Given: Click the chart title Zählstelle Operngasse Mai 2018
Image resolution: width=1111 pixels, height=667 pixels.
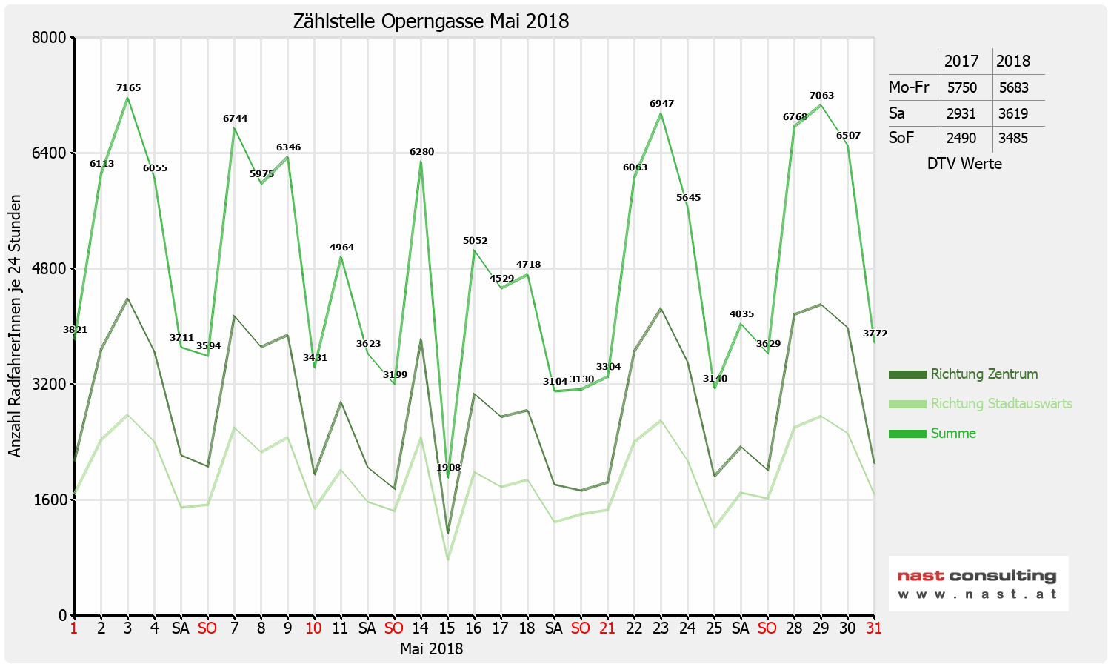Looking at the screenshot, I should click(x=431, y=21).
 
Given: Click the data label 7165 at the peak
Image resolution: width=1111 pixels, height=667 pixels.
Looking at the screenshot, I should click(x=128, y=88).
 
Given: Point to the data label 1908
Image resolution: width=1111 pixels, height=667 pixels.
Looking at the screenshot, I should click(x=448, y=468).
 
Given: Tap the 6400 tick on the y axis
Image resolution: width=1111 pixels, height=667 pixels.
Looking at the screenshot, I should click(x=51, y=153).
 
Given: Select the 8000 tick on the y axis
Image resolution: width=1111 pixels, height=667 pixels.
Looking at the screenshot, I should click(x=51, y=37).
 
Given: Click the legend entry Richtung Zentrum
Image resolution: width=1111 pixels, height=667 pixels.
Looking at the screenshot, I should click(x=984, y=374).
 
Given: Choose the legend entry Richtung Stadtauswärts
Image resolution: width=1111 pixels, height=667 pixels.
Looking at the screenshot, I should click(x=1001, y=404).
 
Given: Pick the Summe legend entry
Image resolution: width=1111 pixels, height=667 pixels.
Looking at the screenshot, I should click(x=953, y=434).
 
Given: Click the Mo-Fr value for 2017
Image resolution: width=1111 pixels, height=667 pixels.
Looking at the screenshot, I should click(x=962, y=87).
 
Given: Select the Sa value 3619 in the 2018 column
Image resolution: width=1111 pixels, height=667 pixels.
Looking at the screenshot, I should click(x=1013, y=113).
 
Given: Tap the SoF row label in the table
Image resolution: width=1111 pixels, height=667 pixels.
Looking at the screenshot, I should click(x=901, y=138).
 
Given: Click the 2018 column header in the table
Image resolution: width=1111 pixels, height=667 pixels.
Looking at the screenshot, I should click(x=1013, y=62).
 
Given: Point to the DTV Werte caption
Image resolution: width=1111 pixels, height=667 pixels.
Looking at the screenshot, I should click(x=964, y=164).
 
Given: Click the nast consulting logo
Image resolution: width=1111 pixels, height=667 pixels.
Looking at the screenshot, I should click(x=978, y=583).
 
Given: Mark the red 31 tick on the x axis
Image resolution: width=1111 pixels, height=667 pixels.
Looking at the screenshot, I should click(x=874, y=628).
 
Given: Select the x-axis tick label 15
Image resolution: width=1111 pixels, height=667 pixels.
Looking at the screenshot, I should click(x=447, y=628).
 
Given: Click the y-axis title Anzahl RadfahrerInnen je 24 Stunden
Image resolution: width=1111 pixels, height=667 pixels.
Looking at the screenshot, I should click(x=15, y=326).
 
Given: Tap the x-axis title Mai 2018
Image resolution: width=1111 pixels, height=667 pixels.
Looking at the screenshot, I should click(x=431, y=649).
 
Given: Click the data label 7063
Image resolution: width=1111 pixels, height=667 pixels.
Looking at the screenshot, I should click(x=821, y=96).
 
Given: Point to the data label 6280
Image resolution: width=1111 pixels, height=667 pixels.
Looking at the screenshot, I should click(x=421, y=152).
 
